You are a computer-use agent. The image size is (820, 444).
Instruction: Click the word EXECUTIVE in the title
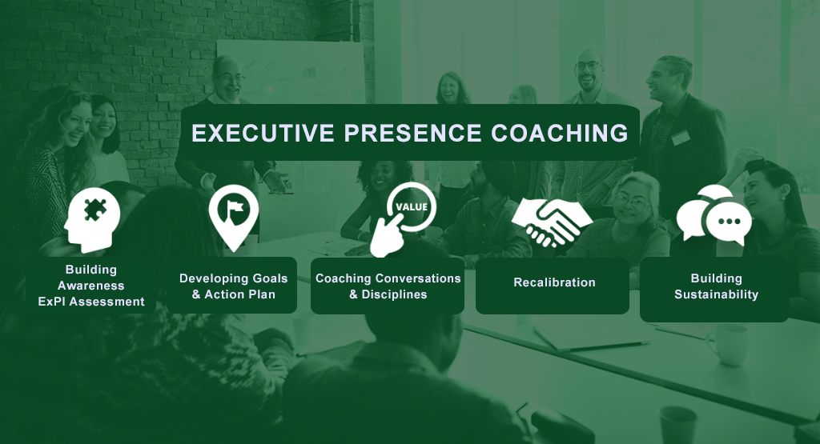click(x=263, y=133)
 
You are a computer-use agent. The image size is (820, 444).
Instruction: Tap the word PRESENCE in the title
click(x=412, y=133)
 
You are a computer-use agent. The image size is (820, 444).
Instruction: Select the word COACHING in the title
click(x=560, y=133)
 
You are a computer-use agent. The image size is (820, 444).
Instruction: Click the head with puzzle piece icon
click(x=93, y=220)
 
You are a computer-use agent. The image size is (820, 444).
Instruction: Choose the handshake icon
click(x=552, y=223)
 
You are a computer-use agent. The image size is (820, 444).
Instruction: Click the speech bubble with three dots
click(x=729, y=222)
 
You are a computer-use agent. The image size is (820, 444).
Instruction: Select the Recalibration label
click(x=554, y=282)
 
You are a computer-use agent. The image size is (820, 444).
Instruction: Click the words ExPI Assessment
click(x=91, y=302)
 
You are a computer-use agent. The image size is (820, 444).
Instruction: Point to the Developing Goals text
click(x=233, y=278)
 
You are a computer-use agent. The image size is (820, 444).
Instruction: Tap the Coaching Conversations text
click(x=388, y=278)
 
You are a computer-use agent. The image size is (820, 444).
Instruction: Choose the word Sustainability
click(x=716, y=294)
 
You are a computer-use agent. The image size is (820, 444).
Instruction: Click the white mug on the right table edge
click(x=728, y=345)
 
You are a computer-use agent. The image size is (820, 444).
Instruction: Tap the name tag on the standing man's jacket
click(x=680, y=138)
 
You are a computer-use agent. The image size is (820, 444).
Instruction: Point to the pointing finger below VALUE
click(x=387, y=236)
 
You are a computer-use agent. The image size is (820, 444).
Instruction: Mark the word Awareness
click(x=91, y=286)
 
